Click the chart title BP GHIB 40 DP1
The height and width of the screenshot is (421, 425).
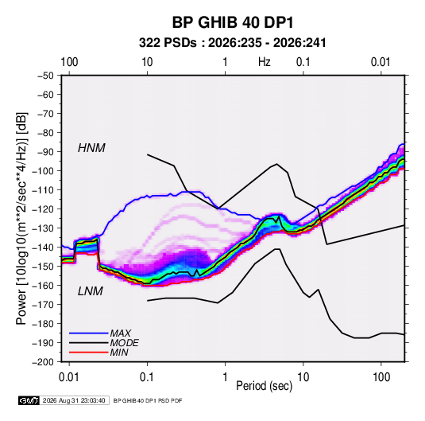(233, 22)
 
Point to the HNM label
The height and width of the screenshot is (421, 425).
(91, 148)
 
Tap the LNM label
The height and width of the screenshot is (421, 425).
(91, 291)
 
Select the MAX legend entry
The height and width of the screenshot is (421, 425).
(120, 333)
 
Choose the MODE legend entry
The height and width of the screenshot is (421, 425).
(125, 343)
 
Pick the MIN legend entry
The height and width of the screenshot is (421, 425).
(119, 353)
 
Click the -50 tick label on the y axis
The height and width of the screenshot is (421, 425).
(45, 76)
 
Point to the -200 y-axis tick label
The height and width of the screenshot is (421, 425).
(43, 362)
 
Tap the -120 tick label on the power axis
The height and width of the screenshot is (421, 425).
(43, 209)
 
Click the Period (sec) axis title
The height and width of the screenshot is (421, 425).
(265, 386)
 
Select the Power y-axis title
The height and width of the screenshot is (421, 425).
(21, 219)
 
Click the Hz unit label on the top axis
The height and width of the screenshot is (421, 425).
(265, 62)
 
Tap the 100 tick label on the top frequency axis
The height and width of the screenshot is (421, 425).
(69, 62)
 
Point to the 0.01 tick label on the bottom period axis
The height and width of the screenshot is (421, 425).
(69, 377)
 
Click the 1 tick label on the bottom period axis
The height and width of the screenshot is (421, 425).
(225, 377)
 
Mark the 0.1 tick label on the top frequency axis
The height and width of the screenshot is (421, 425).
(303, 62)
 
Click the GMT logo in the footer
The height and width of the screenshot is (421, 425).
(29, 400)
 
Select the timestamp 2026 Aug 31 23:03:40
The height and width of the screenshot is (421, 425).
(74, 400)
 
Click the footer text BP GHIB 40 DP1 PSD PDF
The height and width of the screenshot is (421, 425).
(148, 400)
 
